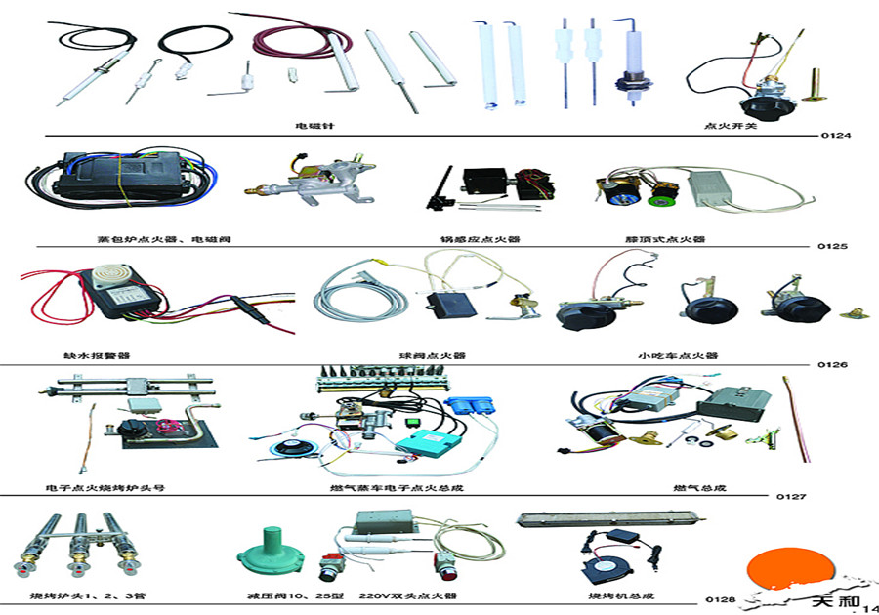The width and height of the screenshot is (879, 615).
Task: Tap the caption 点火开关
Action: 724,125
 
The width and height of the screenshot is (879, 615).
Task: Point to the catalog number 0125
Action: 833,247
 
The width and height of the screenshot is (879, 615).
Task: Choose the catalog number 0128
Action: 720,599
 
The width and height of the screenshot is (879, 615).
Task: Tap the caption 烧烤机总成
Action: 613,595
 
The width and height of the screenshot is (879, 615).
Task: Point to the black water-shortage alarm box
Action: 116,292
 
